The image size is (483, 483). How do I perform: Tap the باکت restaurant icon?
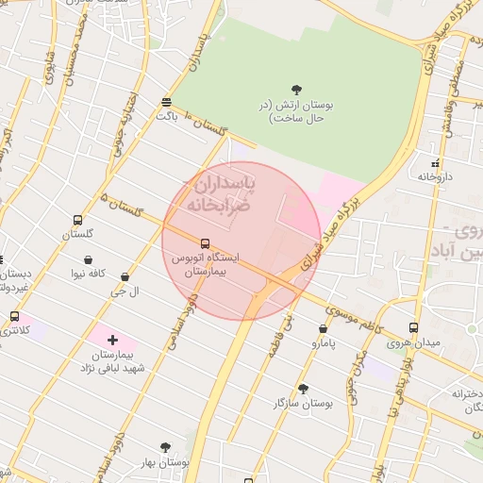[167, 102]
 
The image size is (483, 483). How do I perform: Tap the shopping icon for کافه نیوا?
[88, 259]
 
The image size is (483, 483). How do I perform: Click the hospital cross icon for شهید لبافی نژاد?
[112, 339]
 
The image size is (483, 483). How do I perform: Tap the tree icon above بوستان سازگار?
[303, 388]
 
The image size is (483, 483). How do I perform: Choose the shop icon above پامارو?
[324, 329]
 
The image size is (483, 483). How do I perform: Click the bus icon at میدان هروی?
[413, 327]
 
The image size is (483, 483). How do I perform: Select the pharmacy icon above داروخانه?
[435, 162]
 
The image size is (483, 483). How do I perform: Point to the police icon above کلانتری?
[14, 316]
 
